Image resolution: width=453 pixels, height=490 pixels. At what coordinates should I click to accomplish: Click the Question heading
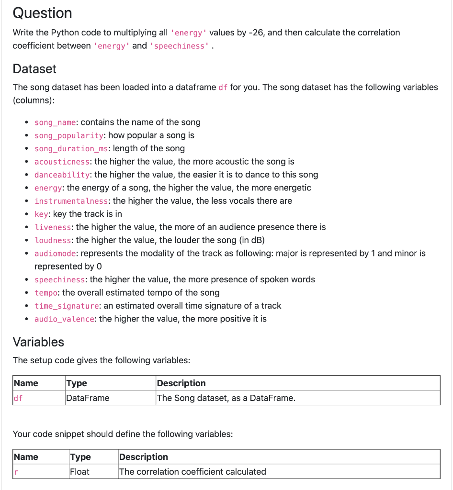42,13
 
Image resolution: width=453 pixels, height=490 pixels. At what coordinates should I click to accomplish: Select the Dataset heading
34,69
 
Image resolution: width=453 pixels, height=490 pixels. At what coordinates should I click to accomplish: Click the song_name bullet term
55,122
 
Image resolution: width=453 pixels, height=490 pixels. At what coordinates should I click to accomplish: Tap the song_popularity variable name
69,135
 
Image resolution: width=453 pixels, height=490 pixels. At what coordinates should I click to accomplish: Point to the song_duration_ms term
71,149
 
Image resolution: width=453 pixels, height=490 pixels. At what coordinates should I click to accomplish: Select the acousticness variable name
62,162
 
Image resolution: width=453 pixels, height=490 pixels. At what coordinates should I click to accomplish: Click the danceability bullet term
62,175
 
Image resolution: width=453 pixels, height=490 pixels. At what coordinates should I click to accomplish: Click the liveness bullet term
53,227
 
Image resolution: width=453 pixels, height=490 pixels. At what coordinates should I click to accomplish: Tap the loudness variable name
53,240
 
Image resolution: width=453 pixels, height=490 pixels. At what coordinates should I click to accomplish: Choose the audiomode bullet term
55,253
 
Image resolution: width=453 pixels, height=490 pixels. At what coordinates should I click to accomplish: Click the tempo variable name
45,293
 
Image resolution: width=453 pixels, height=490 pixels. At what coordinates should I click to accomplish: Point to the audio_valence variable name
64,319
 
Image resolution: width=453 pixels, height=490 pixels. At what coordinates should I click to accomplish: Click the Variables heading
38,342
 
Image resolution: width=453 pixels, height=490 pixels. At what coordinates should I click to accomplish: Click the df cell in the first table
18,398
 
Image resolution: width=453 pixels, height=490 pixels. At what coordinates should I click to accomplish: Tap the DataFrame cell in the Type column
88,398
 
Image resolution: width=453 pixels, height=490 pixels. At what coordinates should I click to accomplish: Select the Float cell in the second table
79,472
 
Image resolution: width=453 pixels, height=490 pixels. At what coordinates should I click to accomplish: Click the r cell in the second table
16,472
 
